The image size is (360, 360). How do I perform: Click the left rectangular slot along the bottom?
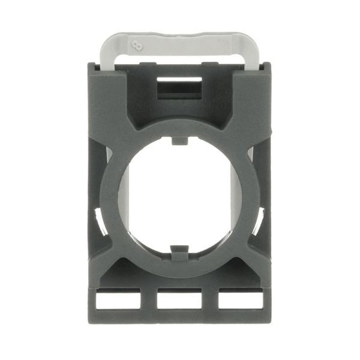(118, 301)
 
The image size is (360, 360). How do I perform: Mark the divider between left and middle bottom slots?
(148, 301)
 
